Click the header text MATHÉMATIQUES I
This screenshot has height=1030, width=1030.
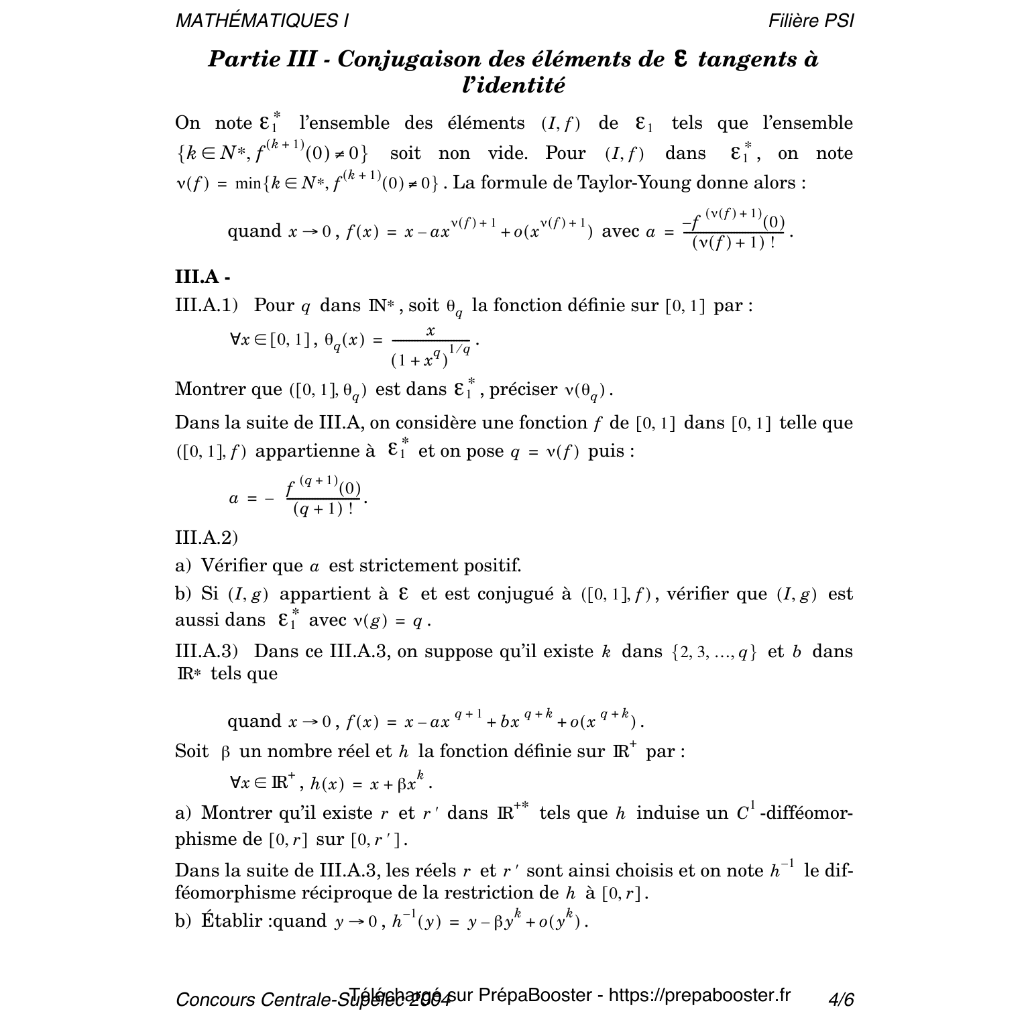262,21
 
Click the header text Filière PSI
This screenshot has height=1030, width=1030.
811,21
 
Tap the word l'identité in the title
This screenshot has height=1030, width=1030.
514,86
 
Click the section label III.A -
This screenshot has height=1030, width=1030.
203,277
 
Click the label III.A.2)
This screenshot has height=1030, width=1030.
207,538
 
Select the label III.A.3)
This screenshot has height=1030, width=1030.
207,652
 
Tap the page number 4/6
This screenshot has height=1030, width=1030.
841,1000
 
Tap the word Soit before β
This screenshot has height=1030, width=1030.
191,751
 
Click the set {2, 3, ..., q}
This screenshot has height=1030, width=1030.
713,652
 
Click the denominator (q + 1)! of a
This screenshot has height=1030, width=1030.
324,509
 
